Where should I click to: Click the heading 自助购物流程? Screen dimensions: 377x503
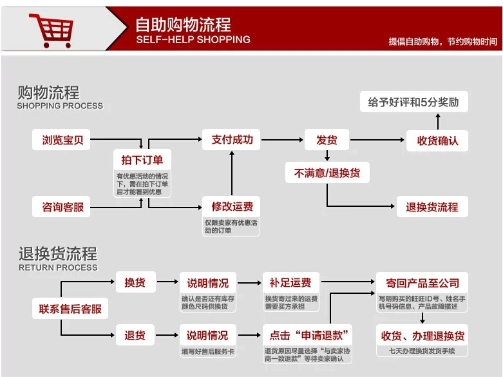click(183, 24)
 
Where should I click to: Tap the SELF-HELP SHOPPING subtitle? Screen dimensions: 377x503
click(193, 40)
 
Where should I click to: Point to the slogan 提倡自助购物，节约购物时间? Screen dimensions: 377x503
click(442, 41)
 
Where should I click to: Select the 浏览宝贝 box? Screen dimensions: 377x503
click(62, 139)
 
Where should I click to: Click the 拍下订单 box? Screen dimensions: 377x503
click(142, 159)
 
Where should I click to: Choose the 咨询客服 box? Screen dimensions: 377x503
click(62, 207)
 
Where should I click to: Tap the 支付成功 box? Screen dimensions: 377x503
click(232, 139)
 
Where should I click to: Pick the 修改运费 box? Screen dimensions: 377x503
click(232, 207)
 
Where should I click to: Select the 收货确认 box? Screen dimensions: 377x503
click(437, 140)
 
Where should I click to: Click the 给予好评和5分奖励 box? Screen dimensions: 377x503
click(413, 102)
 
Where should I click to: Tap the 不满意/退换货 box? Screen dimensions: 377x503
click(327, 173)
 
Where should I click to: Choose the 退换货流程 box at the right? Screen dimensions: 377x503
click(432, 207)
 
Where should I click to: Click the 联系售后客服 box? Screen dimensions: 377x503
click(71, 309)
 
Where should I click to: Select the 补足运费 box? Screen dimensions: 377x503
click(290, 282)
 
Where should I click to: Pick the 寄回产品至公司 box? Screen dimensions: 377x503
click(422, 282)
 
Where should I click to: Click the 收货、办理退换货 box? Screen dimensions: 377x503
click(422, 335)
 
